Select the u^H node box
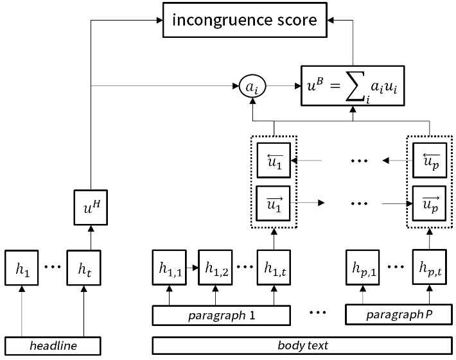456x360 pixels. (89, 208)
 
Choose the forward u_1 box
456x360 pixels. (274, 203)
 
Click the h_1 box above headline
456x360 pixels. (23, 270)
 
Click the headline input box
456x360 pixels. (54, 345)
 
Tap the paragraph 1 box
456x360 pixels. (222, 315)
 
